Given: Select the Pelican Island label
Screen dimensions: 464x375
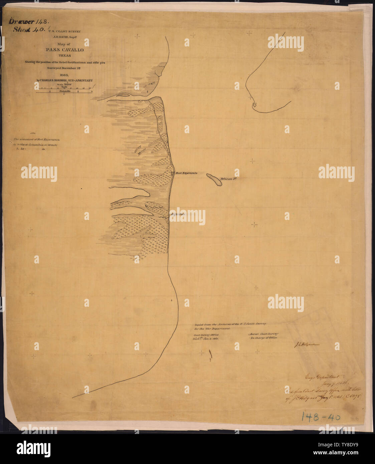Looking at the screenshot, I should [229, 179].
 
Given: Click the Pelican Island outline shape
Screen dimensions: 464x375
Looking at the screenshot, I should [214, 180].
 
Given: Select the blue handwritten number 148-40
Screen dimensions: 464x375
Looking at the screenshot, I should [321, 416].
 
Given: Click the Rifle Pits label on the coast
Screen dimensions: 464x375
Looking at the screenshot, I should [177, 214].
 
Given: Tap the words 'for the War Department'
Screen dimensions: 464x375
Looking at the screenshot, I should [212, 329].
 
